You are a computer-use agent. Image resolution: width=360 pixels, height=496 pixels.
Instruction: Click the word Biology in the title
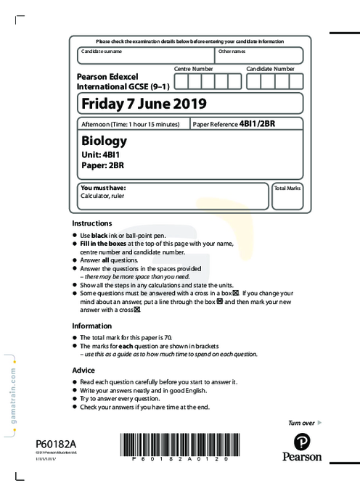(x=104, y=141)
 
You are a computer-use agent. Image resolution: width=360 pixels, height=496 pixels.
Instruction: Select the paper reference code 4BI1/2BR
(x=257, y=124)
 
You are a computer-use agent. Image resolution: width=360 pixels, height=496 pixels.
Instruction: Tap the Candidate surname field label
(x=102, y=51)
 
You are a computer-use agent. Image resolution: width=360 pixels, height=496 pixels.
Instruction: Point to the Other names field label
(x=232, y=51)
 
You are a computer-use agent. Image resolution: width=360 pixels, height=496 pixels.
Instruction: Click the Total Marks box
(x=288, y=197)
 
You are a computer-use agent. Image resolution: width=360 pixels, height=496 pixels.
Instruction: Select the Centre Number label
(x=192, y=68)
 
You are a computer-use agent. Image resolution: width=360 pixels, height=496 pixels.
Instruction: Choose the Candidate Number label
(x=270, y=68)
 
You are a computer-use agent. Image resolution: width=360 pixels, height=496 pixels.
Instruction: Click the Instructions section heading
(x=92, y=223)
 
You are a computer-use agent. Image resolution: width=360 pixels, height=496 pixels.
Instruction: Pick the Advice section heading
(x=84, y=370)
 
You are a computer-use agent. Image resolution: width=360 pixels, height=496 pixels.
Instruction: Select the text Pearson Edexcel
(x=107, y=75)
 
